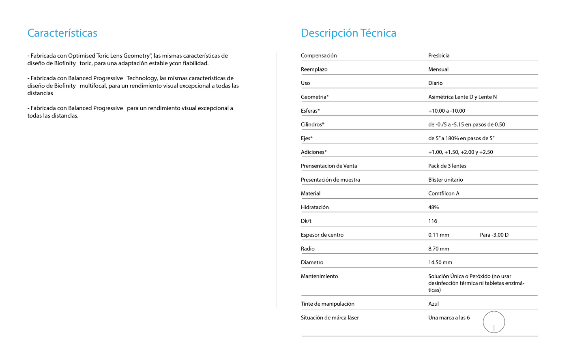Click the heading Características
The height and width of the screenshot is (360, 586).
pyautogui.click(x=62, y=33)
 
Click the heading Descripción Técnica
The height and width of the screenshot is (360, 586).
pyautogui.click(x=348, y=33)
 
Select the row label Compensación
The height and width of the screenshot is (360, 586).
pyautogui.click(x=319, y=56)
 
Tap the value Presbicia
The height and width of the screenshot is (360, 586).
pyautogui.click(x=439, y=56)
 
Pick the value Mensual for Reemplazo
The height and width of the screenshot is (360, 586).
pyautogui.click(x=438, y=69)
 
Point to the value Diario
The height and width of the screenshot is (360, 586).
pyautogui.click(x=435, y=83)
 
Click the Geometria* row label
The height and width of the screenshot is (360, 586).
pyautogui.click(x=315, y=97)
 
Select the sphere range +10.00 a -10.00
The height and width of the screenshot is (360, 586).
pyautogui.click(x=446, y=111)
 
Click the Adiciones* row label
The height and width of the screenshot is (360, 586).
pyautogui.click(x=313, y=152)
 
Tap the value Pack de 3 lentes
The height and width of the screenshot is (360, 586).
pyautogui.click(x=447, y=166)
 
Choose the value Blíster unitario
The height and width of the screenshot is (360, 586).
pyautogui.click(x=445, y=180)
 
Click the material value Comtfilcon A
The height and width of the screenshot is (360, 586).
pyautogui.click(x=444, y=193)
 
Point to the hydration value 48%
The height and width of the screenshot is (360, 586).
pyautogui.click(x=434, y=207)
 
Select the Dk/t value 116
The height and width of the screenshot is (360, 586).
pyautogui.click(x=433, y=221)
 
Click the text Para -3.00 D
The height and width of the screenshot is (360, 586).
pyautogui.click(x=494, y=235)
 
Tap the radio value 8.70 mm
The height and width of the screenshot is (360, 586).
pyautogui.click(x=438, y=249)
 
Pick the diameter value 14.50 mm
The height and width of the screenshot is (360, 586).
pyautogui.click(x=440, y=262)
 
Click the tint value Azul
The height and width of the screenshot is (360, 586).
pyautogui.click(x=434, y=304)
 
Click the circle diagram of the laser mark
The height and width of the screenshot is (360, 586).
pyautogui.click(x=494, y=322)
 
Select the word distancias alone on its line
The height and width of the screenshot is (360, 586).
pyautogui.click(x=40, y=93)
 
